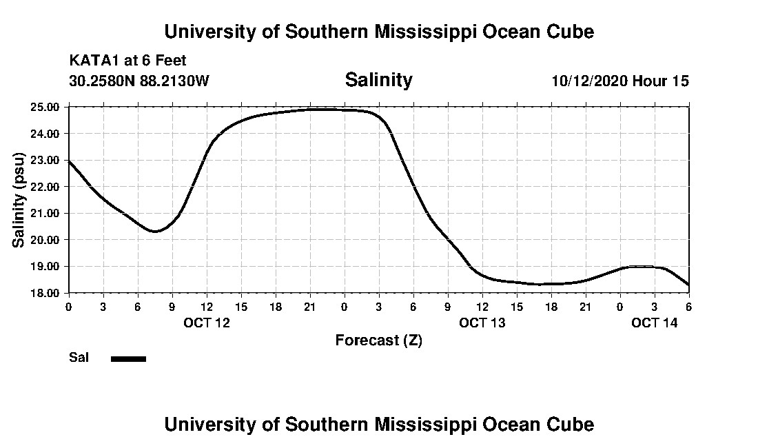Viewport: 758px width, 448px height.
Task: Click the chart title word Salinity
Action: (378, 80)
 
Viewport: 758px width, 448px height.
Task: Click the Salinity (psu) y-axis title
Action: (19, 200)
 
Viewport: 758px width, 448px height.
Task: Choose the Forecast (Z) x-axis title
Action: (378, 340)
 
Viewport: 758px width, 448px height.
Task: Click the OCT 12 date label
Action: (207, 323)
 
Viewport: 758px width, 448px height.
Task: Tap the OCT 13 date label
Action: (482, 323)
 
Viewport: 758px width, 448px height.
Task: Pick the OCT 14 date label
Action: (655, 323)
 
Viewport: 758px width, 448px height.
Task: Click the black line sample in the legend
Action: (129, 358)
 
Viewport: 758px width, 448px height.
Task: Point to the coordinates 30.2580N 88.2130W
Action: (139, 81)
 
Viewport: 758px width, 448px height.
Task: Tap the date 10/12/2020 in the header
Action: (590, 81)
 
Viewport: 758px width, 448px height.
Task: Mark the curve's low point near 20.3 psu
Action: (154, 231)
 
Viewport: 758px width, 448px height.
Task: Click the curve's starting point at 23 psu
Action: (69, 161)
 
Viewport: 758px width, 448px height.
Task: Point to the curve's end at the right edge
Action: (688, 285)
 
